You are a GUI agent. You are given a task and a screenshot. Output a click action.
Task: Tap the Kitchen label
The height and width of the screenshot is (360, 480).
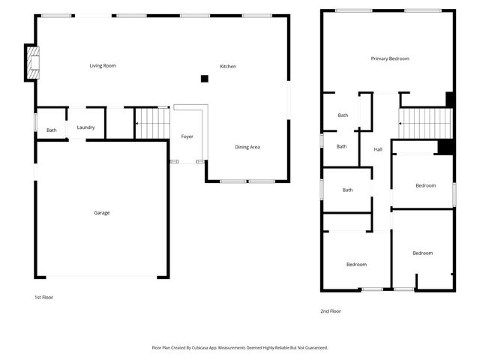pyautogui.click(x=228, y=67)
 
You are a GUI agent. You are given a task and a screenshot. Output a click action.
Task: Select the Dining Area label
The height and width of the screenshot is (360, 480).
pyautogui.click(x=247, y=147)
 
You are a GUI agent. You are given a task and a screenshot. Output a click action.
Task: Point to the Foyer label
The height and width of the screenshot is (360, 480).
pyautogui.click(x=187, y=136)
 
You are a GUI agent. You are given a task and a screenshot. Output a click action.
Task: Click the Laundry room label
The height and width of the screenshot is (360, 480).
pyautogui.click(x=85, y=127)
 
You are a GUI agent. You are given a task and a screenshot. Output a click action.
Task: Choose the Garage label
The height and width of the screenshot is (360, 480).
pyautogui.click(x=101, y=213)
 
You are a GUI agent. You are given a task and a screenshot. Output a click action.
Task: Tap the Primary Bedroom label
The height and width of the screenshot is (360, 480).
pyautogui.click(x=390, y=58)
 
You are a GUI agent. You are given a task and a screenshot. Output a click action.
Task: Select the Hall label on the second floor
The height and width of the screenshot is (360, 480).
pyautogui.click(x=378, y=150)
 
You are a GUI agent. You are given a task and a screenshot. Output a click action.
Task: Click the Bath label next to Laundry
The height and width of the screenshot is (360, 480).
pyautogui.click(x=51, y=130)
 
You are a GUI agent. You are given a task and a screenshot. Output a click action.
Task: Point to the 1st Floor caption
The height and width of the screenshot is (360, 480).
pyautogui.click(x=43, y=297)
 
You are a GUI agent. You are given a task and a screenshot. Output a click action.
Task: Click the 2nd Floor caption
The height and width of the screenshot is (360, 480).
pyautogui.click(x=331, y=310)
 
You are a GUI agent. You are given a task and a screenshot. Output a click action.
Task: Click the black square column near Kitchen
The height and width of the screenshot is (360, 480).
pyautogui.click(x=204, y=78)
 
